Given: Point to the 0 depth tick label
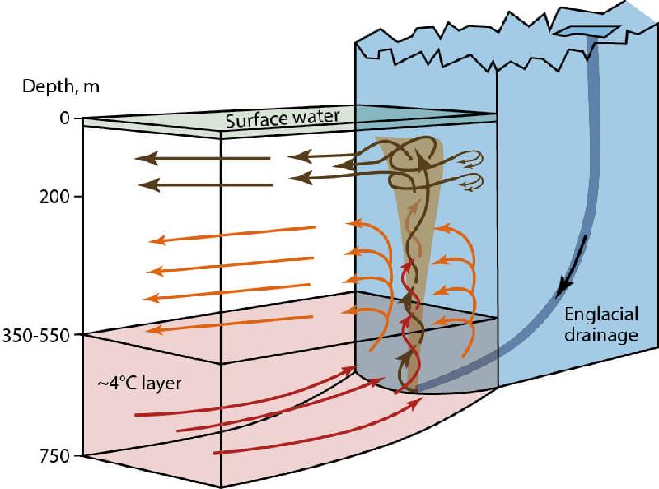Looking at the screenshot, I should pyautogui.click(x=64, y=119).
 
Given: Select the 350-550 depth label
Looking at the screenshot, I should pyautogui.click(x=42, y=335).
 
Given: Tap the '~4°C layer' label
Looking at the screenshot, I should pyautogui.click(x=133, y=383).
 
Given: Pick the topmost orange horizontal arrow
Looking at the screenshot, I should pyautogui.click(x=232, y=235).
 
